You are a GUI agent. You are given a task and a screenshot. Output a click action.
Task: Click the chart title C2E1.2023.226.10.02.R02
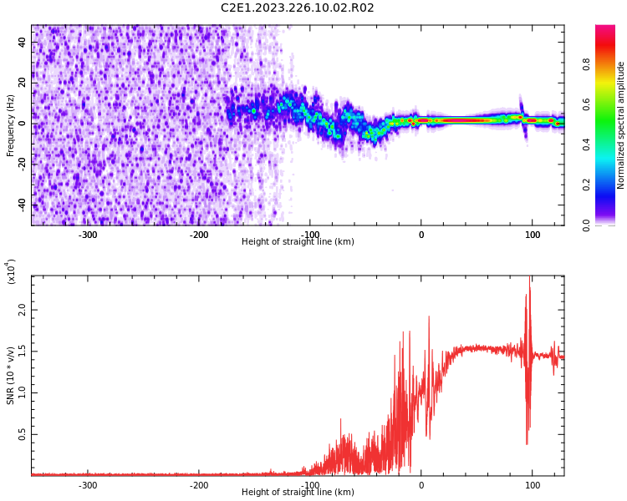pyautogui.click(x=298, y=8)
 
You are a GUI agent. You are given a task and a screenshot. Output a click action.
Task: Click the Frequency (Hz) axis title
pyautogui.click(x=11, y=125)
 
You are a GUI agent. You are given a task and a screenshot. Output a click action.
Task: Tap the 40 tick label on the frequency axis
pyautogui.click(x=22, y=43)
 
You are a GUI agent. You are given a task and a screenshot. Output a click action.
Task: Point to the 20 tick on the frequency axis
pyautogui.click(x=22, y=83)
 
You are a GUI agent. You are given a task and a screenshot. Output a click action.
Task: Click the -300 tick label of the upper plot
pyautogui.click(x=88, y=235)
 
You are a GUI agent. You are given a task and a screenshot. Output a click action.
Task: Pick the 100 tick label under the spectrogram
pyautogui.click(x=533, y=235)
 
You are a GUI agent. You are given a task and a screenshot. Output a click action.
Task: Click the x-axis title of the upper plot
pyautogui.click(x=298, y=242)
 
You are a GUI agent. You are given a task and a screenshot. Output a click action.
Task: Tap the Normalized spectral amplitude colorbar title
pyautogui.click(x=621, y=125)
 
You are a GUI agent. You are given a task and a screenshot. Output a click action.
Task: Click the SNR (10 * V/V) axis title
pyautogui.click(x=11, y=376)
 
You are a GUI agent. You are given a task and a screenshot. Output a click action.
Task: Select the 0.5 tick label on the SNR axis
pyautogui.click(x=22, y=435)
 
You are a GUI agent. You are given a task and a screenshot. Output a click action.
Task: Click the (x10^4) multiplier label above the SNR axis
pyautogui.click(x=11, y=271)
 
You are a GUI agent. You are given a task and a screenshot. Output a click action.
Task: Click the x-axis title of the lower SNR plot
pyautogui.click(x=298, y=493)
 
